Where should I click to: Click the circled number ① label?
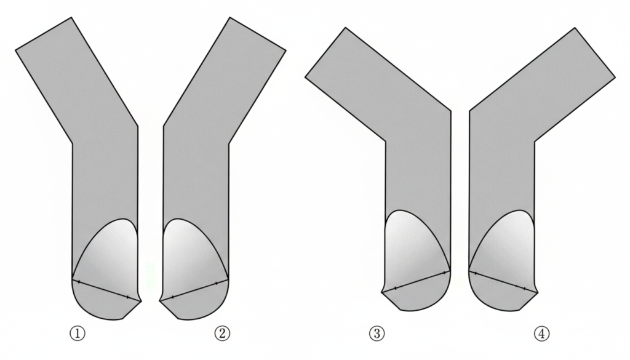click(78, 333)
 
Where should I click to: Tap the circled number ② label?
click(222, 333)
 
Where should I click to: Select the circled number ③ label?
click(377, 333)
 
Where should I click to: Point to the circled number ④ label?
click(541, 333)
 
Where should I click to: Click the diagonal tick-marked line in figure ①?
click(106, 289)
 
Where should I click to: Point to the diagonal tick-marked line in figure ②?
click(194, 290)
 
